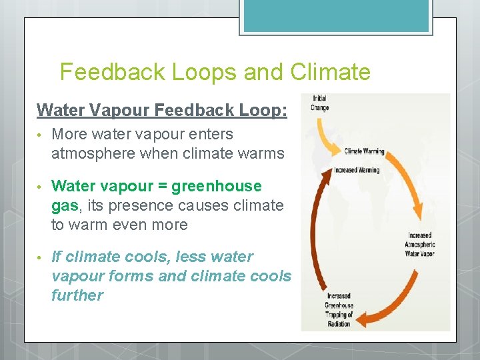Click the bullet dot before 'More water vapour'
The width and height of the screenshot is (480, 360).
(41, 135)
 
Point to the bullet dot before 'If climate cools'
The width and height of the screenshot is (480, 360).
(41, 257)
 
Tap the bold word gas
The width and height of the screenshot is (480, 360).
(63, 205)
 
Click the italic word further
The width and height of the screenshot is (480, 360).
(77, 295)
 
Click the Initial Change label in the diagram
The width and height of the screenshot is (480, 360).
(319, 103)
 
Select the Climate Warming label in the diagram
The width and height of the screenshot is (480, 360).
(364, 151)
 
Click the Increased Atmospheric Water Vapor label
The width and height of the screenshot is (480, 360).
(419, 245)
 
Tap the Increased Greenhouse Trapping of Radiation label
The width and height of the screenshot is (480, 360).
(340, 310)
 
